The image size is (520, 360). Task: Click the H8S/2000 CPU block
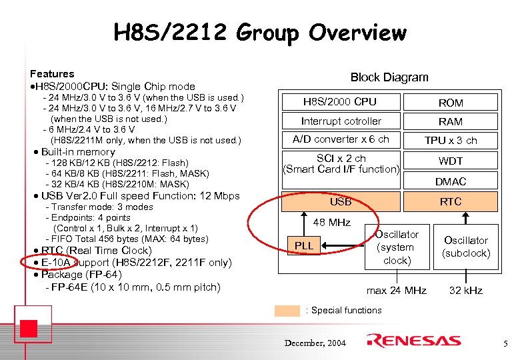coord(340,102)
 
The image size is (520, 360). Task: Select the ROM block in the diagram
coord(451,102)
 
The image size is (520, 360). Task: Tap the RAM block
coord(451,121)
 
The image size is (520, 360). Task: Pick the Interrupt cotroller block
coord(341,121)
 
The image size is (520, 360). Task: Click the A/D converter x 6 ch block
coord(341,139)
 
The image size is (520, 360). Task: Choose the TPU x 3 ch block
coord(451,140)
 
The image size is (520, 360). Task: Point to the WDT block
coord(451,161)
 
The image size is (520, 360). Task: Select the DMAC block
coord(451,181)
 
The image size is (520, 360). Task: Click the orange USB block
coord(341,201)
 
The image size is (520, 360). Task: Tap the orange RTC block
coord(451,201)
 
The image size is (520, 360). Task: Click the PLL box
coord(304,246)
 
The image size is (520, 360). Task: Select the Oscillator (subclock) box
coord(466,247)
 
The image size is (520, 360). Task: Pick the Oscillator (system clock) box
coord(397,247)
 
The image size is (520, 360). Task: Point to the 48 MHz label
coord(331,222)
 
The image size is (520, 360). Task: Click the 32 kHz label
coord(466,291)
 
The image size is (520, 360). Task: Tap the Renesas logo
coord(417,341)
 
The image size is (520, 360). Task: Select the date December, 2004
coord(315,343)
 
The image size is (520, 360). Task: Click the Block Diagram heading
coord(389,77)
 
